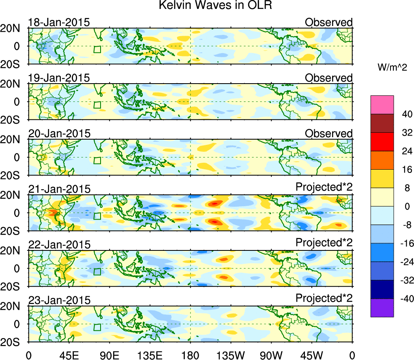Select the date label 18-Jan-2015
(x=59, y=22)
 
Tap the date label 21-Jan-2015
(x=59, y=189)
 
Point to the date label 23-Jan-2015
(x=59, y=300)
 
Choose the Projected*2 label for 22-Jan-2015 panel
(x=324, y=243)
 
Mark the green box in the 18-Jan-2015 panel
(x=97, y=49)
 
